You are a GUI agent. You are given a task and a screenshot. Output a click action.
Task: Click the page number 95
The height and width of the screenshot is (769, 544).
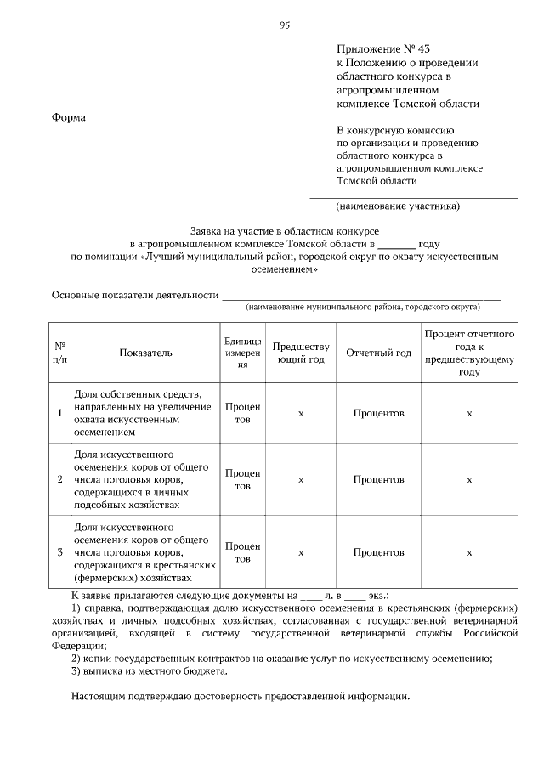click(x=285, y=25)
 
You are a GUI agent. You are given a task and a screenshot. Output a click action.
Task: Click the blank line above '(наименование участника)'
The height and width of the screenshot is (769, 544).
click(x=413, y=197)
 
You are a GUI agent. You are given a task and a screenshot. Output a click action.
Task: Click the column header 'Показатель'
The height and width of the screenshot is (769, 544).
click(x=145, y=353)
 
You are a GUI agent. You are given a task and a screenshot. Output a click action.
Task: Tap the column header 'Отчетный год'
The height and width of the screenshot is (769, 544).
click(x=378, y=353)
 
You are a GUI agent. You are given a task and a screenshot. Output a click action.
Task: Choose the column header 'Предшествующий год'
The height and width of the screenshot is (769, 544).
click(x=300, y=353)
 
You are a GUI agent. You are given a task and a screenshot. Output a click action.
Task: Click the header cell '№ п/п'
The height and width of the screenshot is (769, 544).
click(x=60, y=353)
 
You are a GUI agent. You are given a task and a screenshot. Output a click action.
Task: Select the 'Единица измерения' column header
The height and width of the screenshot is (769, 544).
click(x=242, y=353)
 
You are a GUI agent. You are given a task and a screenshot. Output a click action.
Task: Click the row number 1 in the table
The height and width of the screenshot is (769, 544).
click(x=60, y=413)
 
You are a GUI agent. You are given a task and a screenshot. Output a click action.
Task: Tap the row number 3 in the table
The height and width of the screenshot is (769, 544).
click(x=60, y=552)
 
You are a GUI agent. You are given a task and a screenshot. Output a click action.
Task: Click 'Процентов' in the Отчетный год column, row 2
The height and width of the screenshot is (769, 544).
click(x=378, y=479)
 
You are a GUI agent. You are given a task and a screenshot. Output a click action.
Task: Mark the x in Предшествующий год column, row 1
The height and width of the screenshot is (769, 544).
click(x=300, y=413)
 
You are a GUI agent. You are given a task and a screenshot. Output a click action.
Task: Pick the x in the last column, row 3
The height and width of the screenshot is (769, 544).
click(x=469, y=552)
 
